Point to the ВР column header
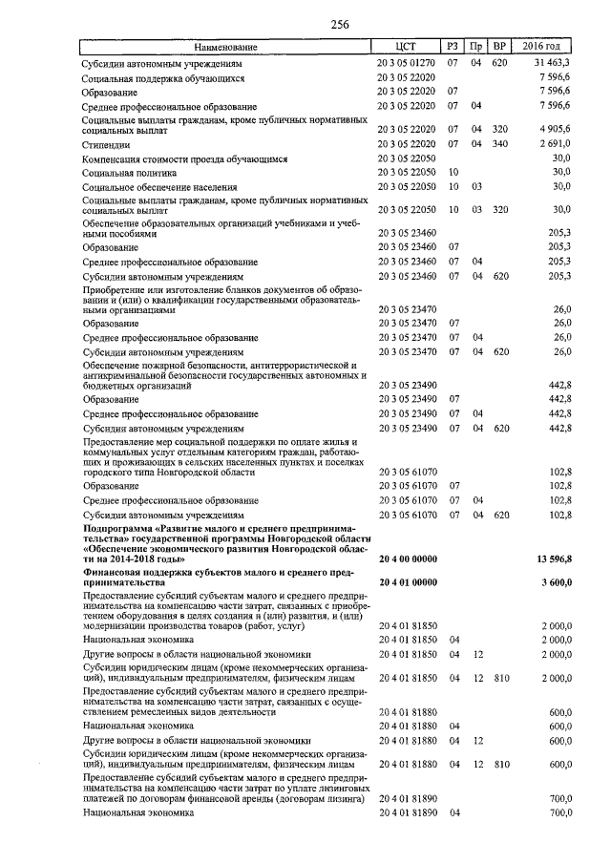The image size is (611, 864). [x=498, y=46]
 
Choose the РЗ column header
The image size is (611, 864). [x=453, y=46]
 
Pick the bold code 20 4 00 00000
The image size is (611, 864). [x=408, y=558]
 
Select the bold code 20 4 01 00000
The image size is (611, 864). [x=408, y=581]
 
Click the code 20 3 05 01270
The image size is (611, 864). [x=408, y=61]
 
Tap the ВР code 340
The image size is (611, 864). [x=498, y=143]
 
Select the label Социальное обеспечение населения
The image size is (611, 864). [x=160, y=188]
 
